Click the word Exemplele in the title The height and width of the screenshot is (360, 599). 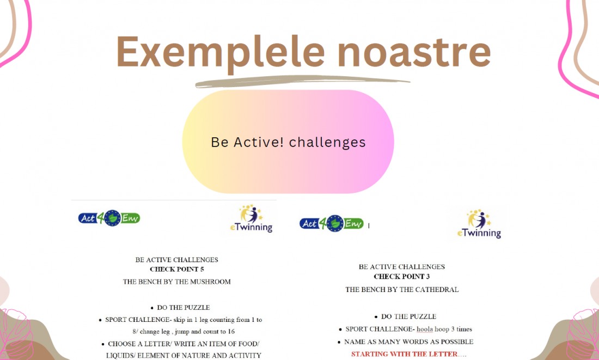tap(221, 52)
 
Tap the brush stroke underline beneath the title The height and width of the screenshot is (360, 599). tap(302, 81)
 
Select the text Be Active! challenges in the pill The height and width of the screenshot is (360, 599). tap(289, 142)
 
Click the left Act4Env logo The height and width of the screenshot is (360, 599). tap(109, 218)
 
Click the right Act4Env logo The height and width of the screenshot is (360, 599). tap(331, 223)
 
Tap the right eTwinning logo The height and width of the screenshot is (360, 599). tap(479, 224)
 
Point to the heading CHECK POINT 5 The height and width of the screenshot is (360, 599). tap(177, 270)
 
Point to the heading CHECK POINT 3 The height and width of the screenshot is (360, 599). tap(402, 277)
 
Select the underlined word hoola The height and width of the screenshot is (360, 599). tap(425, 329)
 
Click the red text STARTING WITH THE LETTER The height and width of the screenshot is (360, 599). tap(405, 354)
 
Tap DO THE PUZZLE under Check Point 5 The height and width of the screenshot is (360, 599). tap(184, 308)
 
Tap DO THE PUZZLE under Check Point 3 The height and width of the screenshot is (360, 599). tap(409, 317)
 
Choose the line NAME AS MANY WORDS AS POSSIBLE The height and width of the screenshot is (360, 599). tap(409, 342)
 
